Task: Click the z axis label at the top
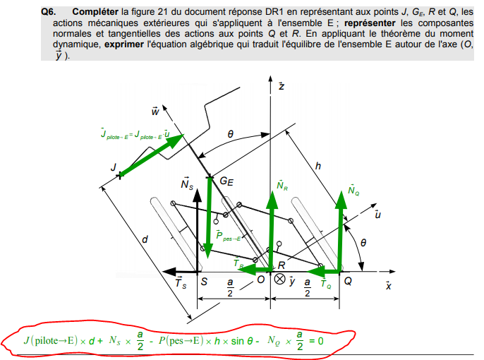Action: (x=281, y=85)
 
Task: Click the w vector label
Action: (x=155, y=110)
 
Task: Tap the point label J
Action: (x=113, y=166)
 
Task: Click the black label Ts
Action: (x=181, y=284)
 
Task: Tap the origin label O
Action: (x=260, y=280)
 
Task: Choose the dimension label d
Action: (x=145, y=239)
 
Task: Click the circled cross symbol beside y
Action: (x=279, y=280)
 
